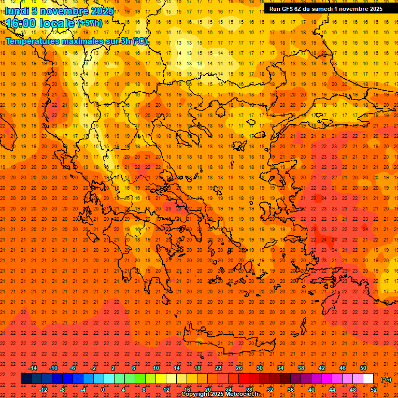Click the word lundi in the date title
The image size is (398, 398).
pyautogui.click(x=17, y=11)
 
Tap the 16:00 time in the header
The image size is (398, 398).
pyautogui.click(x=21, y=24)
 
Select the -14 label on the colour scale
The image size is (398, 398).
pyautogui.click(x=33, y=368)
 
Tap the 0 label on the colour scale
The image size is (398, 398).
pyautogui.click(x=103, y=390)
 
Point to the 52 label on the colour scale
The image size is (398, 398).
pyautogui.click(x=374, y=390)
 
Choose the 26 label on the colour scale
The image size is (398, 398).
pyautogui.click(x=239, y=368)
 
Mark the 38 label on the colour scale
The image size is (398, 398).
pyautogui.click(x=301, y=368)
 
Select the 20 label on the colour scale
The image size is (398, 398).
pyautogui.click(x=208, y=390)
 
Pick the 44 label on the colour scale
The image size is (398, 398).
pyautogui.click(x=332, y=390)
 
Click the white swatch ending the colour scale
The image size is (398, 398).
pyautogui.click(x=368, y=379)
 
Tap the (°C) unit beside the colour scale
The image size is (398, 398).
pyautogui.click(x=386, y=379)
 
